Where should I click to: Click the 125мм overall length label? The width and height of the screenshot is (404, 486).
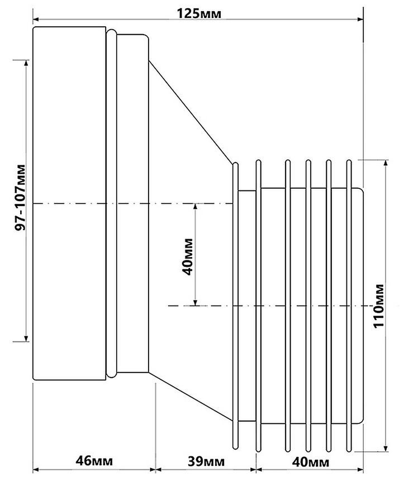click(199, 13)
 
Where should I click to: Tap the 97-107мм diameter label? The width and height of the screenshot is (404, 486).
click(20, 197)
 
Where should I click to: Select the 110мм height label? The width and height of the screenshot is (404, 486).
click(379, 306)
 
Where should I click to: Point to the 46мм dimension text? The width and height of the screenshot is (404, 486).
click(94, 461)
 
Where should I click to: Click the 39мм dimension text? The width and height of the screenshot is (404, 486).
click(206, 461)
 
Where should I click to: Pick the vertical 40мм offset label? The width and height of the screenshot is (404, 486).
click(188, 256)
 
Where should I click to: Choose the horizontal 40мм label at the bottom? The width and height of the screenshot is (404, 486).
click(310, 462)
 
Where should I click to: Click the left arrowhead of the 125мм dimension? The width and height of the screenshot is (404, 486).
click(36, 19)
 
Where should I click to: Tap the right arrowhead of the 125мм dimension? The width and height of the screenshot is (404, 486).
click(360, 19)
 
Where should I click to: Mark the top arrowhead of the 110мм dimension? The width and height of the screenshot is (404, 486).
click(386, 163)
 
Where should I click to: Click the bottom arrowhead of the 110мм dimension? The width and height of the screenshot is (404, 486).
click(386, 449)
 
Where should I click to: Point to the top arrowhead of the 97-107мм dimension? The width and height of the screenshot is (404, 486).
click(26, 63)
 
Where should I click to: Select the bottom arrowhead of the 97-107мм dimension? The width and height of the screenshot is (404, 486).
click(26, 339)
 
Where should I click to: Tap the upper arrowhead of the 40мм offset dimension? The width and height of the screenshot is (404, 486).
click(195, 207)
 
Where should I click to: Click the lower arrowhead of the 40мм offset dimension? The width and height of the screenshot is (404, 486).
click(195, 303)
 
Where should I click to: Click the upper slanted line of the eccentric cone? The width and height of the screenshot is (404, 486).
click(191, 112)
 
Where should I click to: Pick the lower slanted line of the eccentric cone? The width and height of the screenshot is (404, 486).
click(191, 397)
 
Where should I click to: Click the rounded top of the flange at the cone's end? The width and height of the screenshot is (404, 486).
click(235, 164)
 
